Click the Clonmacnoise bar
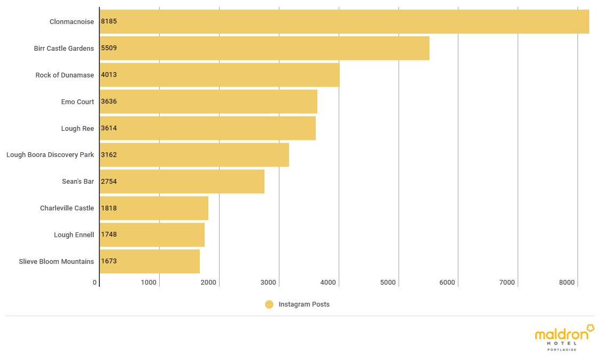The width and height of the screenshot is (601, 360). tap(344, 21)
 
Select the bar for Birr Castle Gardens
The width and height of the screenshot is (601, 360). tap(264, 48)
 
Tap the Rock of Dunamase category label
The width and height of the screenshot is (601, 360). tap(65, 75)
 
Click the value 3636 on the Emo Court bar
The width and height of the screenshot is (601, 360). tap(108, 101)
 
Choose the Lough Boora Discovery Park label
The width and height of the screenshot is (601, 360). tap(50, 155)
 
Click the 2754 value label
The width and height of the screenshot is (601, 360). tap(108, 182)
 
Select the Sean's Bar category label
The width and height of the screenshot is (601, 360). tap(78, 182)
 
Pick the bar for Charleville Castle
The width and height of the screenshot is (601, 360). tap(154, 208)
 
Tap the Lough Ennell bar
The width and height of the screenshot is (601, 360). tap(152, 235)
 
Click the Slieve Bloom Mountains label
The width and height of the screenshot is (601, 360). tap(57, 262)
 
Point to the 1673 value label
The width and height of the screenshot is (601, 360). tap(108, 262)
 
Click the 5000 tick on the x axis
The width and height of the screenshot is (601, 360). tap(388, 283)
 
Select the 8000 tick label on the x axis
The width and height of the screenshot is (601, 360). tap(567, 283)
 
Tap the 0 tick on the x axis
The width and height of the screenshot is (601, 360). tap(95, 283)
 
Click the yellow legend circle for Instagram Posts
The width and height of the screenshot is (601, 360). tap(269, 304)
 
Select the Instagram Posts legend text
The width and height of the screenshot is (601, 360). tap(304, 304)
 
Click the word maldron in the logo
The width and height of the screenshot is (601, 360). tap(561, 335)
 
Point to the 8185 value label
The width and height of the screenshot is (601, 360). tap(108, 21)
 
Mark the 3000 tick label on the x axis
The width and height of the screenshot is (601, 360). tap(269, 283)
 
